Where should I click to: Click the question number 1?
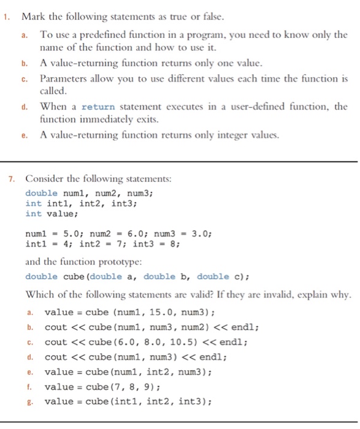(x=6, y=16)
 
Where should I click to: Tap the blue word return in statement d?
(x=98, y=106)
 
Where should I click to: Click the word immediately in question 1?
(x=107, y=119)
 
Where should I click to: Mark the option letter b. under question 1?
(x=25, y=63)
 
